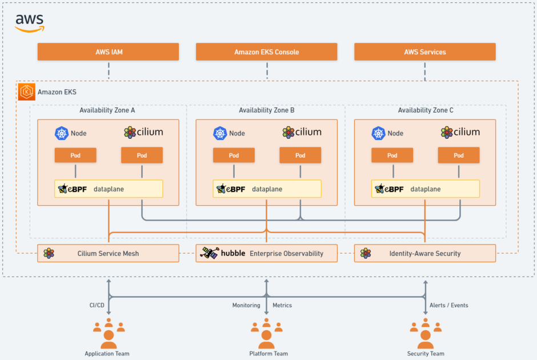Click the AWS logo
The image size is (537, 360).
[x=30, y=23]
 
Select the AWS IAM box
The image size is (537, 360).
[x=108, y=52]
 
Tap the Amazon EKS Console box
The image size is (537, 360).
[x=266, y=52]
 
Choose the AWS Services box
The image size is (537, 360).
[x=425, y=52]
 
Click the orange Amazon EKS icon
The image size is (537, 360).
[x=26, y=92]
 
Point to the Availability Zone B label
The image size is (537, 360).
[x=266, y=110]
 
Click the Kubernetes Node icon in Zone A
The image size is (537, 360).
[x=62, y=133]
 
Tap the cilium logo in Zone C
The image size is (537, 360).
[x=460, y=132]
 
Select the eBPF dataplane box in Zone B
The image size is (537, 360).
[x=267, y=189]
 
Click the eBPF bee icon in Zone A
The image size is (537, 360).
[x=63, y=189]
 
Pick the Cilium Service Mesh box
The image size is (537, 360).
[x=108, y=253]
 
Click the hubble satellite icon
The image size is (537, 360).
[x=209, y=253]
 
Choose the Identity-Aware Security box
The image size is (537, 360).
[x=425, y=253]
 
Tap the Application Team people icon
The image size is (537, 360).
[x=109, y=333]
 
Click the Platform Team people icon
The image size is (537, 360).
[x=266, y=333]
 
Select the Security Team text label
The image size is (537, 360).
[x=426, y=354]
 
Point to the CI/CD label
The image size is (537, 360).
[x=97, y=305]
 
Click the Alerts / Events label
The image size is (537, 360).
[x=448, y=305]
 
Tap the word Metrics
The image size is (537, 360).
[x=282, y=305]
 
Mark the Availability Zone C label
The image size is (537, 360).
[x=426, y=110]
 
